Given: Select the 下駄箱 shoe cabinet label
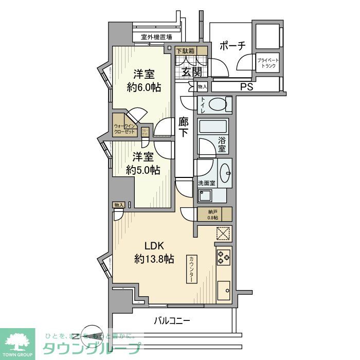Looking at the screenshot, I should pyautogui.click(x=185, y=51).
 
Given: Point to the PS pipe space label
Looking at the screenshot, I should pyautogui.click(x=246, y=87).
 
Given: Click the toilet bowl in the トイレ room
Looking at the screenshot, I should pyautogui.click(x=218, y=105).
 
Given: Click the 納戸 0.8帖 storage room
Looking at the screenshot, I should pyautogui.click(x=213, y=214).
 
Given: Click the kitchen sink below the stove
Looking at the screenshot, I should pyautogui.click(x=223, y=291).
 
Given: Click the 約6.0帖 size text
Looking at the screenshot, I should pyautogui.click(x=144, y=87).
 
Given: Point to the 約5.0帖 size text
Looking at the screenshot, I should pyautogui.click(x=143, y=170).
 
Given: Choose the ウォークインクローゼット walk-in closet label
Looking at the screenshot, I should pyautogui.click(x=124, y=129).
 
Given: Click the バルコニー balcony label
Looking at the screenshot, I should pyautogui.click(x=172, y=321).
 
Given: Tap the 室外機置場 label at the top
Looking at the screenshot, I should pyautogui.click(x=156, y=37).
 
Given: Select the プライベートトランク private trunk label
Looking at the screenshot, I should pyautogui.click(x=268, y=63).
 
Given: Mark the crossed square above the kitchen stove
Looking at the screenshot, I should pyautogui.click(x=223, y=233).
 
